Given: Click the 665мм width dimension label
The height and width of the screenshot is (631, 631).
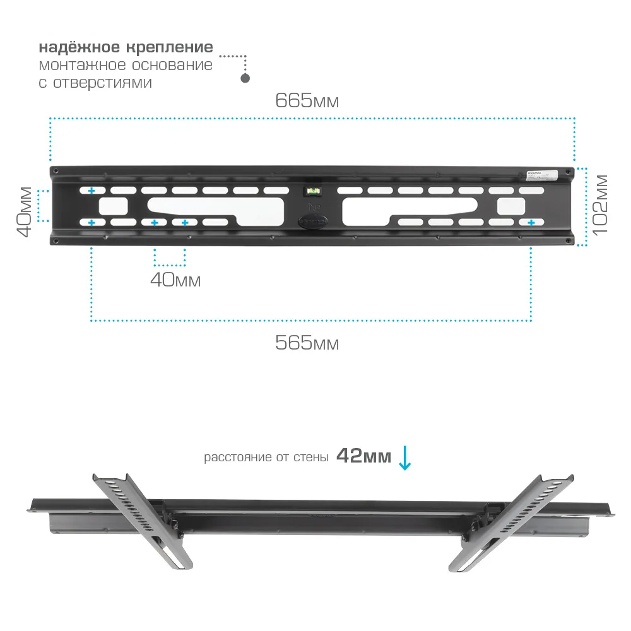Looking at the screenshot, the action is [x=307, y=101].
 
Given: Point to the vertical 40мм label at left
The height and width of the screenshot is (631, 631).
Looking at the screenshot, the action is [x=24, y=211].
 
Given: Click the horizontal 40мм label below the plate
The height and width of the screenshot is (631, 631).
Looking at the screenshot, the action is [x=175, y=280].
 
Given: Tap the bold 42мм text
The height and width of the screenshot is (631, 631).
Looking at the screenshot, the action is [x=363, y=456].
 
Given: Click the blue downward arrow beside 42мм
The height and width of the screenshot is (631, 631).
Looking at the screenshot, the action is [x=404, y=459].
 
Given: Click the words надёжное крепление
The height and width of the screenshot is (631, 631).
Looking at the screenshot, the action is [x=126, y=48].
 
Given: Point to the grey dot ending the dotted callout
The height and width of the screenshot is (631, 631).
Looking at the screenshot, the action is [x=245, y=78].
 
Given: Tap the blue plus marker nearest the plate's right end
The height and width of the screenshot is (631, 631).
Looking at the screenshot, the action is [x=531, y=223].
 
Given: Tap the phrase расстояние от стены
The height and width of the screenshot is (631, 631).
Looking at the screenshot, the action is [x=266, y=457].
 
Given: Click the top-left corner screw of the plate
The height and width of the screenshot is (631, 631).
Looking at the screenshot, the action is [x=56, y=171].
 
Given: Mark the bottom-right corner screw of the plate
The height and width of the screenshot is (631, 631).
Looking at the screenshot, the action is [x=570, y=240].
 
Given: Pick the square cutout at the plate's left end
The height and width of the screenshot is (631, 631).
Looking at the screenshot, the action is [x=113, y=206].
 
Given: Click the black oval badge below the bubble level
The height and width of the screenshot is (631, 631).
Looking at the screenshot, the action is [x=312, y=222].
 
